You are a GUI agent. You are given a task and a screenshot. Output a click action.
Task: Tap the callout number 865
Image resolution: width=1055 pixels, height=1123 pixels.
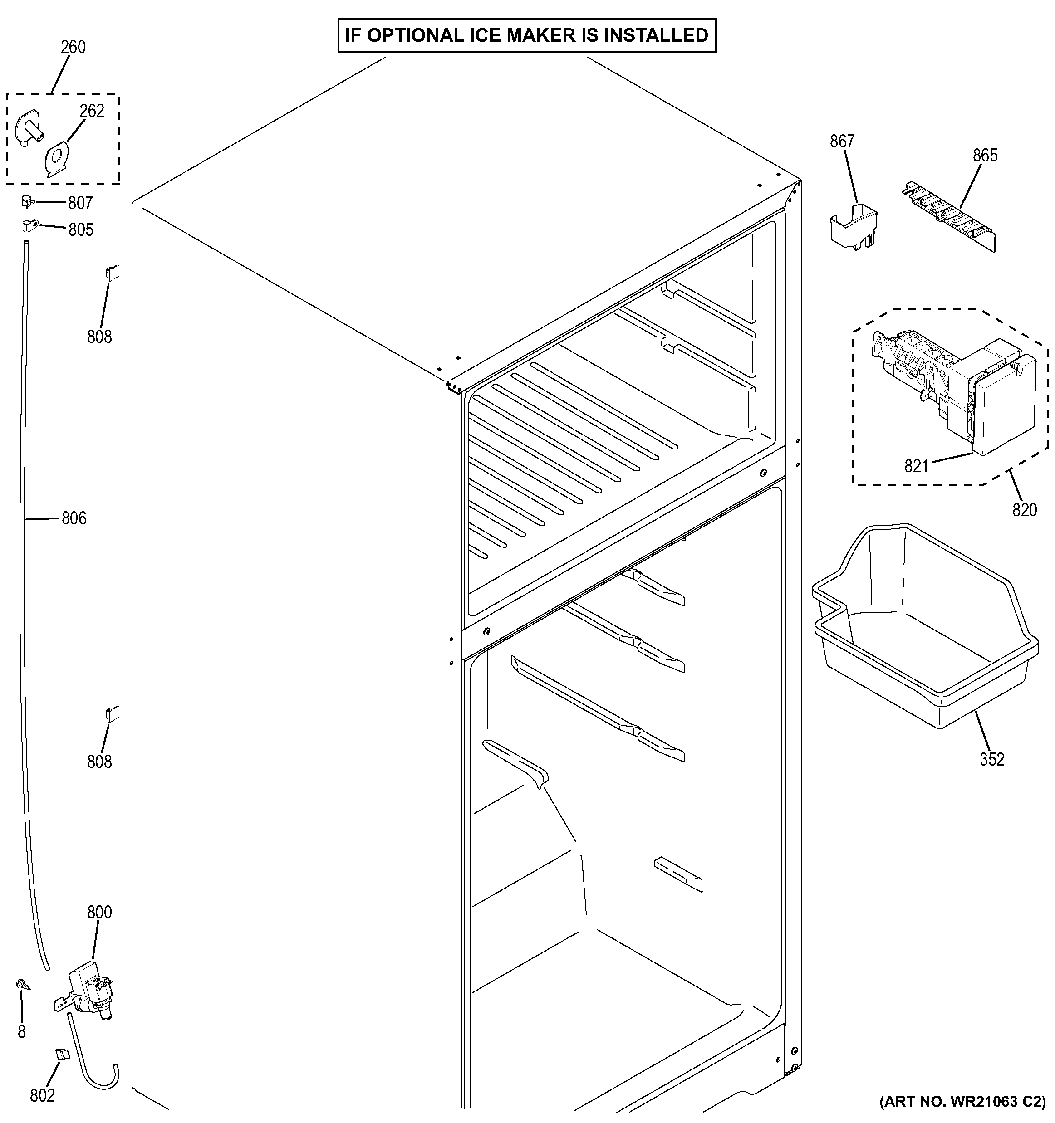tap(985, 156)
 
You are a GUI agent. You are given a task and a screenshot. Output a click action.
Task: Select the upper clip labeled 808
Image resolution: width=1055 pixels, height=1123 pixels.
tap(113, 273)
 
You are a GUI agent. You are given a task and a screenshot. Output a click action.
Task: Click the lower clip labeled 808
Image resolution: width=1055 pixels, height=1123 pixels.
tap(113, 714)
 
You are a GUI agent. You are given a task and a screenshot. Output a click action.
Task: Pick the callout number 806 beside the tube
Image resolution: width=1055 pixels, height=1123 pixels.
tap(74, 518)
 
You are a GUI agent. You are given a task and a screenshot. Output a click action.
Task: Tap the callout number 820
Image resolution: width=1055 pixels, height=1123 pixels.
tap(1024, 510)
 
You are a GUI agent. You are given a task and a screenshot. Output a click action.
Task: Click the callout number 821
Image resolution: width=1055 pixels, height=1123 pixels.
tap(916, 466)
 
